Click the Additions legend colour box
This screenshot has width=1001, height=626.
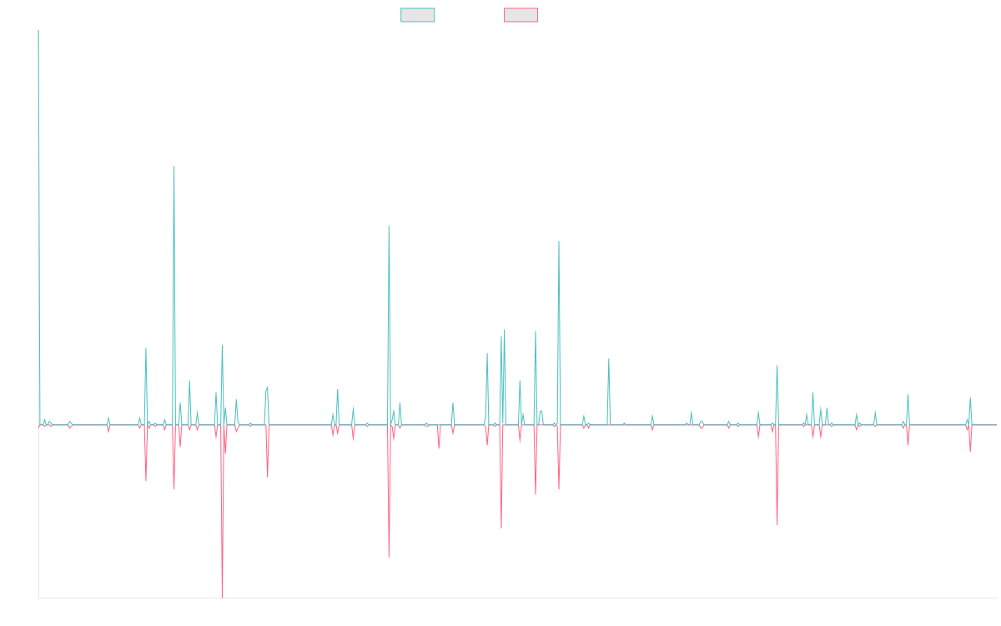click(418, 15)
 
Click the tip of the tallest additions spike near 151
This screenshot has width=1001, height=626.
click(174, 167)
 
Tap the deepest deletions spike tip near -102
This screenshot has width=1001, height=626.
click(222, 597)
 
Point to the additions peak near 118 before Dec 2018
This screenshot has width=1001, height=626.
click(389, 226)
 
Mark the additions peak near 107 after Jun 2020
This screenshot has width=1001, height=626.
click(559, 242)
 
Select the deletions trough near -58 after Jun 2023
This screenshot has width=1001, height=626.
click(777, 524)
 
